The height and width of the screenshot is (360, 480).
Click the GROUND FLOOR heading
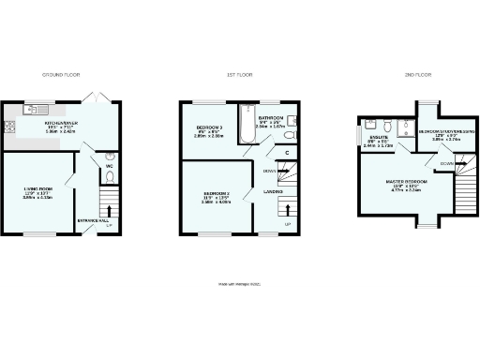click(x=61, y=72)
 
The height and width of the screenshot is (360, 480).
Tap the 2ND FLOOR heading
click(x=417, y=72)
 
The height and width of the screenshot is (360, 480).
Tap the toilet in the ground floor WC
click(x=111, y=157)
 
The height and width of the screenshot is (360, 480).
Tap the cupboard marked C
click(x=286, y=153)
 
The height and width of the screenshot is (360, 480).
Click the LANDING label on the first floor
click(x=273, y=192)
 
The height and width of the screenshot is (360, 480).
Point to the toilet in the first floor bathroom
click(x=290, y=137)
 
